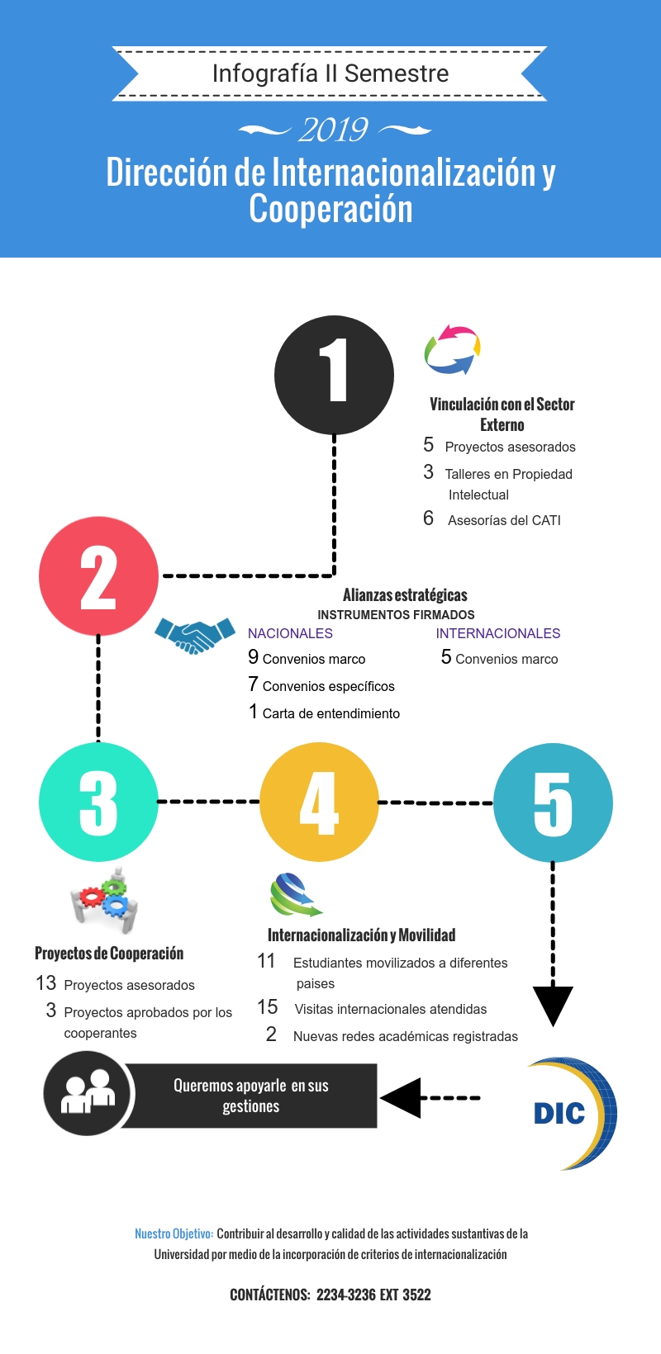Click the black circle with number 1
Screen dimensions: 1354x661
pyautogui.click(x=334, y=375)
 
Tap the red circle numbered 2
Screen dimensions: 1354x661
pyautogui.click(x=98, y=576)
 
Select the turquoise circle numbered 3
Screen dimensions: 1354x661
pyautogui.click(x=98, y=802)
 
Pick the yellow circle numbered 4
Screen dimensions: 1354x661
pyautogui.click(x=319, y=802)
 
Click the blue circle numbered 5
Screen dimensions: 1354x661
pyautogui.click(x=553, y=802)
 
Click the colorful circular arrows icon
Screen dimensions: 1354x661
pyautogui.click(x=452, y=349)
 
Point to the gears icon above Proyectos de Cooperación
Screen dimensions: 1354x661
pyautogui.click(x=104, y=901)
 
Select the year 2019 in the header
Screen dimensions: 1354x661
pyautogui.click(x=334, y=130)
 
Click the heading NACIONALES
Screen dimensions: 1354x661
pyautogui.click(x=290, y=633)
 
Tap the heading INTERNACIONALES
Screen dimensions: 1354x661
pyautogui.click(x=498, y=633)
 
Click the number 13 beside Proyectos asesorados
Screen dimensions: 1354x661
pyautogui.click(x=45, y=983)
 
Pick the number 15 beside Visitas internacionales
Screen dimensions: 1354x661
pyautogui.click(x=267, y=1007)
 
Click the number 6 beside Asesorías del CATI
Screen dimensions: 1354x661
pyautogui.click(x=428, y=518)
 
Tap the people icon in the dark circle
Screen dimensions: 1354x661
pyautogui.click(x=88, y=1092)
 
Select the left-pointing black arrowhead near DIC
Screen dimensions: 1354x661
pyautogui.click(x=402, y=1098)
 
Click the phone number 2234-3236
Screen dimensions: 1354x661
pyautogui.click(x=345, y=1295)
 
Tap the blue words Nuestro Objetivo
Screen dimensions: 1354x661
pyautogui.click(x=174, y=1233)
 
